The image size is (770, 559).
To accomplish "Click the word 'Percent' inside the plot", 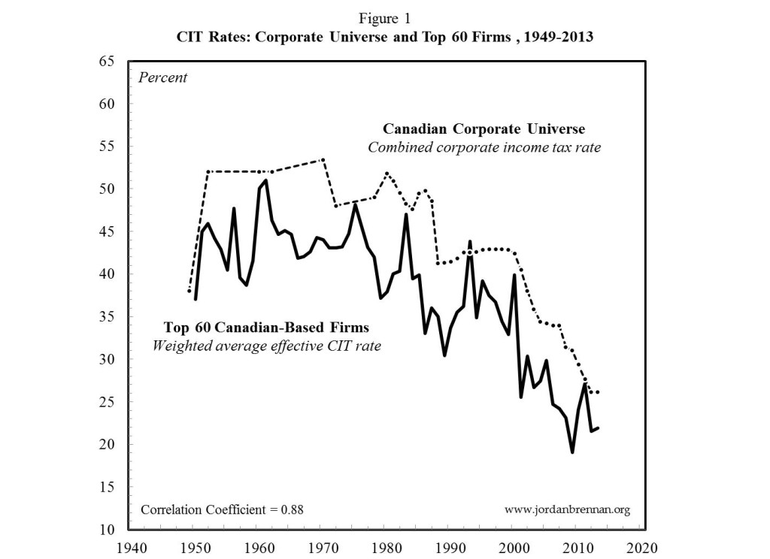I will click(162, 77).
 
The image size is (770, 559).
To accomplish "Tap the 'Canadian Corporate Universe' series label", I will click(484, 128).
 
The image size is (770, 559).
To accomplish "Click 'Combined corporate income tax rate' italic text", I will click(484, 147).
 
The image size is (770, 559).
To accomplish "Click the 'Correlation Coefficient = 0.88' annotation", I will click(222, 509).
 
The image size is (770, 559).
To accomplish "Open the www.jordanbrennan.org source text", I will click(567, 509).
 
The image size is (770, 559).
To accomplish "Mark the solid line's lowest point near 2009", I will click(572, 452).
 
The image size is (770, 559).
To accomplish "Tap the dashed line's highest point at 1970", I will click(323, 159).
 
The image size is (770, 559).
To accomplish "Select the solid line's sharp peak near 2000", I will click(514, 275).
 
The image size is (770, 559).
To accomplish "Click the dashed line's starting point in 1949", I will click(189, 291).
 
